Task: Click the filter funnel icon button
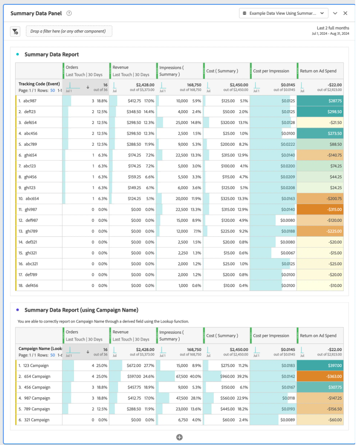click(15, 31)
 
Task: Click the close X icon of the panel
click(345, 13)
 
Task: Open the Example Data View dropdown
click(283, 13)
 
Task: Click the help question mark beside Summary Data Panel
click(69, 13)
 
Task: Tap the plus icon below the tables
click(179, 437)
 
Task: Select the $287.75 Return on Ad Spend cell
click(320, 101)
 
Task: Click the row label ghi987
click(31, 209)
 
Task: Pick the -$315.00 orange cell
click(320, 209)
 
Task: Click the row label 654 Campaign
click(37, 376)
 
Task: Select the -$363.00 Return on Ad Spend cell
click(320, 376)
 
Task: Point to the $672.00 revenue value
click(134, 365)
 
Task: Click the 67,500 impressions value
click(182, 376)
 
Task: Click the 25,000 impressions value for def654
click(182, 122)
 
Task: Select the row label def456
click(32, 286)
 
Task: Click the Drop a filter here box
click(69, 31)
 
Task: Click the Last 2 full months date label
click(333, 28)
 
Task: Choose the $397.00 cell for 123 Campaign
click(320, 365)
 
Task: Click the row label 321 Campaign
click(37, 420)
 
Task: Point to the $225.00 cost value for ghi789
click(228, 231)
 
